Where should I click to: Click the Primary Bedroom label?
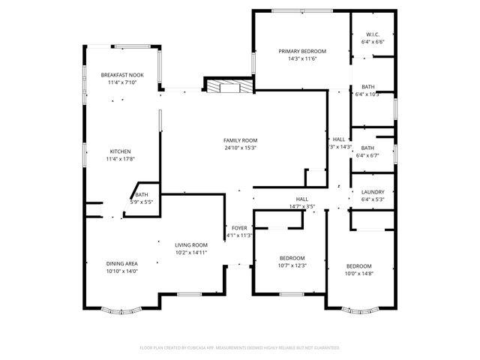tap(298, 51)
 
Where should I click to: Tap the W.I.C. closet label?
tap(372, 34)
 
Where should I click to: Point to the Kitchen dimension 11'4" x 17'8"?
tap(120, 159)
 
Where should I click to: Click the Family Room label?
tap(240, 140)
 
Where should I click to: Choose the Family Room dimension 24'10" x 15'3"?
tap(240, 148)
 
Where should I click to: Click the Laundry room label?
tap(372, 192)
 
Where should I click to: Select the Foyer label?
tap(239, 227)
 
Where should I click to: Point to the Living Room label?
tap(191, 245)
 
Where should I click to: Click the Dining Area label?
tap(121, 263)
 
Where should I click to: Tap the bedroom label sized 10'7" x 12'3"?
tap(292, 258)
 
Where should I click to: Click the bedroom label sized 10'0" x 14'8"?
tap(358, 266)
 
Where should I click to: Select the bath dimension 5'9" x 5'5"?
tap(142, 202)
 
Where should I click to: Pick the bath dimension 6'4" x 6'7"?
tap(370, 155)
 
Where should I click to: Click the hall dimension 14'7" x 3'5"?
tap(301, 206)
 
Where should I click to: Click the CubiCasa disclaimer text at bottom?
tap(240, 348)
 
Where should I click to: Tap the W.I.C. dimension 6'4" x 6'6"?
tap(372, 42)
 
